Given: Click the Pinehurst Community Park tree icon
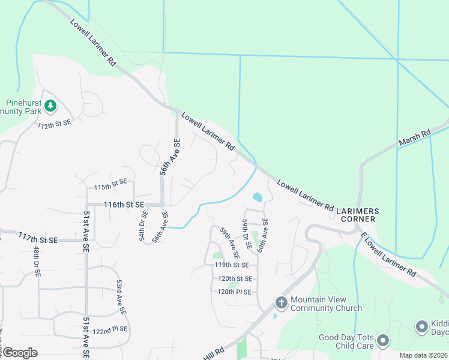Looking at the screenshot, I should (x=51, y=106).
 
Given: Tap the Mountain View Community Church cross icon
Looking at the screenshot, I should (x=280, y=302).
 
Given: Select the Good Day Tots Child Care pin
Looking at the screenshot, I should (x=382, y=341).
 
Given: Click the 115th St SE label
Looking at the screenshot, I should (x=110, y=185).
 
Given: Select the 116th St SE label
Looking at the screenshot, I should (x=124, y=205).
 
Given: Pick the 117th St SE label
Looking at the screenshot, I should (x=38, y=238).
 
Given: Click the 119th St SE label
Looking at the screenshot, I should (x=232, y=265).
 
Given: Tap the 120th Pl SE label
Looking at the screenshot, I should (x=234, y=292).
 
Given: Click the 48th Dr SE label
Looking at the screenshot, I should (x=37, y=261).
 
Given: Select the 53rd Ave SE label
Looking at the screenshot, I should (x=121, y=297).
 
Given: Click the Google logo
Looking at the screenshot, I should (x=20, y=353).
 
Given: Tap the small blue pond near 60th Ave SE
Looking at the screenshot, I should (x=258, y=197).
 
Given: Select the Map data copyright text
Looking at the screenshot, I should (x=423, y=355).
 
